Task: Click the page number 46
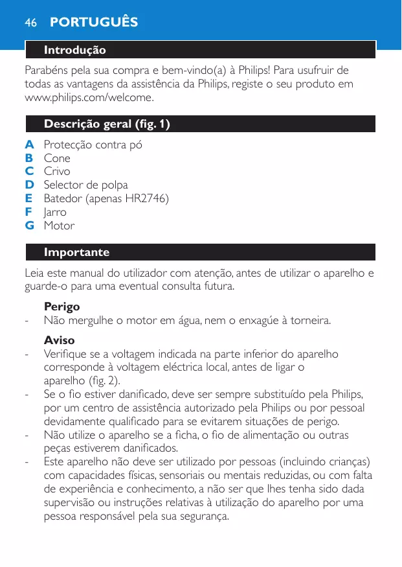30,23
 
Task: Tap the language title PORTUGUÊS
94,23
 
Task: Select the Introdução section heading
74,50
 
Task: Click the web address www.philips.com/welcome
89,98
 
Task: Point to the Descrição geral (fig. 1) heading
107,124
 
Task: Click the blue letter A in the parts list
29,145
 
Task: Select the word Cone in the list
57,158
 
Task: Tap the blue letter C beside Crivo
29,171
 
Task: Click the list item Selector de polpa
85,185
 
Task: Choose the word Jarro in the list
55,212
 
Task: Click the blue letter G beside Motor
30,226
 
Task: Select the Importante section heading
76,252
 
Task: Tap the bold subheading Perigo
61,306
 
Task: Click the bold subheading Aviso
59,340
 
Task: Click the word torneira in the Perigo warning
307,320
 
